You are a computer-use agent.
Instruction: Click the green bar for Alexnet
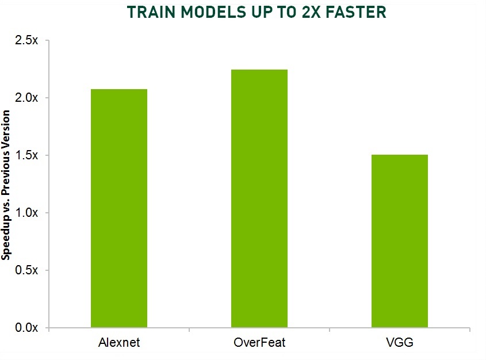pos(119,208)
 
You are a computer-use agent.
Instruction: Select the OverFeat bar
pos(259,198)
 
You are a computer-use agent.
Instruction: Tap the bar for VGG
pos(400,241)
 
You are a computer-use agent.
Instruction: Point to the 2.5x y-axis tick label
pos(26,40)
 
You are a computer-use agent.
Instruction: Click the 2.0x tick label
pos(26,98)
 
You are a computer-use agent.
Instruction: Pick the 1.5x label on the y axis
pos(26,155)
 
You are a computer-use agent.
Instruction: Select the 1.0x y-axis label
pos(26,213)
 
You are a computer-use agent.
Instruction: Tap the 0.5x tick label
pos(26,270)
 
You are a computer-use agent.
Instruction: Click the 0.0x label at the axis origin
pos(26,327)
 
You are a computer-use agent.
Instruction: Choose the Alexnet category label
pos(119,343)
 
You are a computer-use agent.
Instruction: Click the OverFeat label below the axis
pos(259,343)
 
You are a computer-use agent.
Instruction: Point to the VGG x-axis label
pos(400,343)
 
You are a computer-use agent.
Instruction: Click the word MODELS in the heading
pos(213,13)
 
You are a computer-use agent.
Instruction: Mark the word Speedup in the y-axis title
pos(6,238)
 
